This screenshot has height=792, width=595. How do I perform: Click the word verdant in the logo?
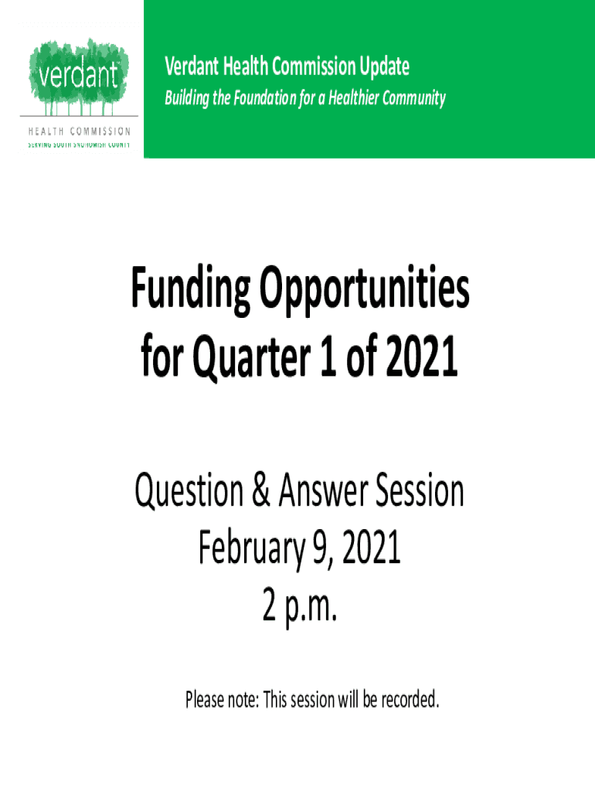tap(78, 75)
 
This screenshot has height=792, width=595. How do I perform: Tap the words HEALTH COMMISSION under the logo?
tap(80, 131)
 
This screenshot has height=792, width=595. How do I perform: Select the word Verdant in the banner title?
tap(192, 67)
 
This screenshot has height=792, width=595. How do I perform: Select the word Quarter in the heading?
tap(252, 357)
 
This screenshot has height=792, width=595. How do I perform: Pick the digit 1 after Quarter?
tap(328, 357)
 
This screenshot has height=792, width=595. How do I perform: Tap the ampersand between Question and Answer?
tap(260, 490)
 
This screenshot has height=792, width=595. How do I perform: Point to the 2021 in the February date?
tap(372, 547)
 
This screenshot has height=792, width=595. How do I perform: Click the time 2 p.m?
tap(299, 606)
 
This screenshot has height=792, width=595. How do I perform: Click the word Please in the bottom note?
tap(205, 700)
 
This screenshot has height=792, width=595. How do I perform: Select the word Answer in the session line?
tap(323, 490)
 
